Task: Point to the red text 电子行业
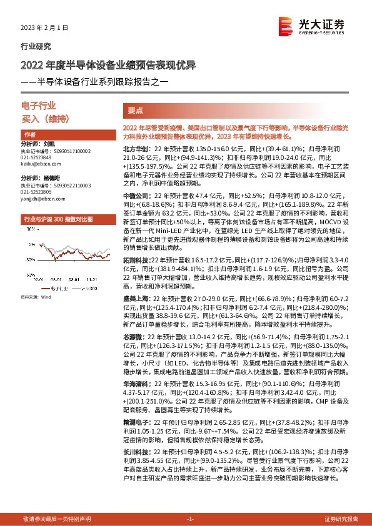pyautogui.click(x=38, y=106)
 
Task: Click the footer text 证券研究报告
pyautogui.click(x=341, y=519)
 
